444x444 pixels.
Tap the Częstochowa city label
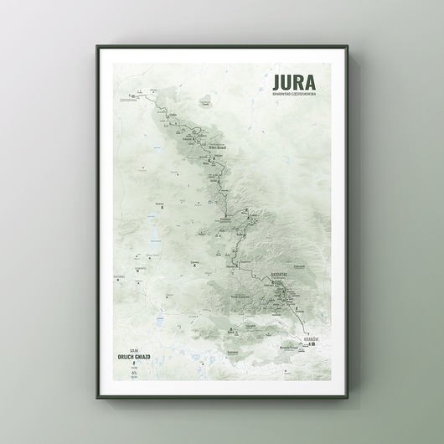tap(130, 101)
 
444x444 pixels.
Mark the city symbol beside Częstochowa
tap(130, 95)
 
